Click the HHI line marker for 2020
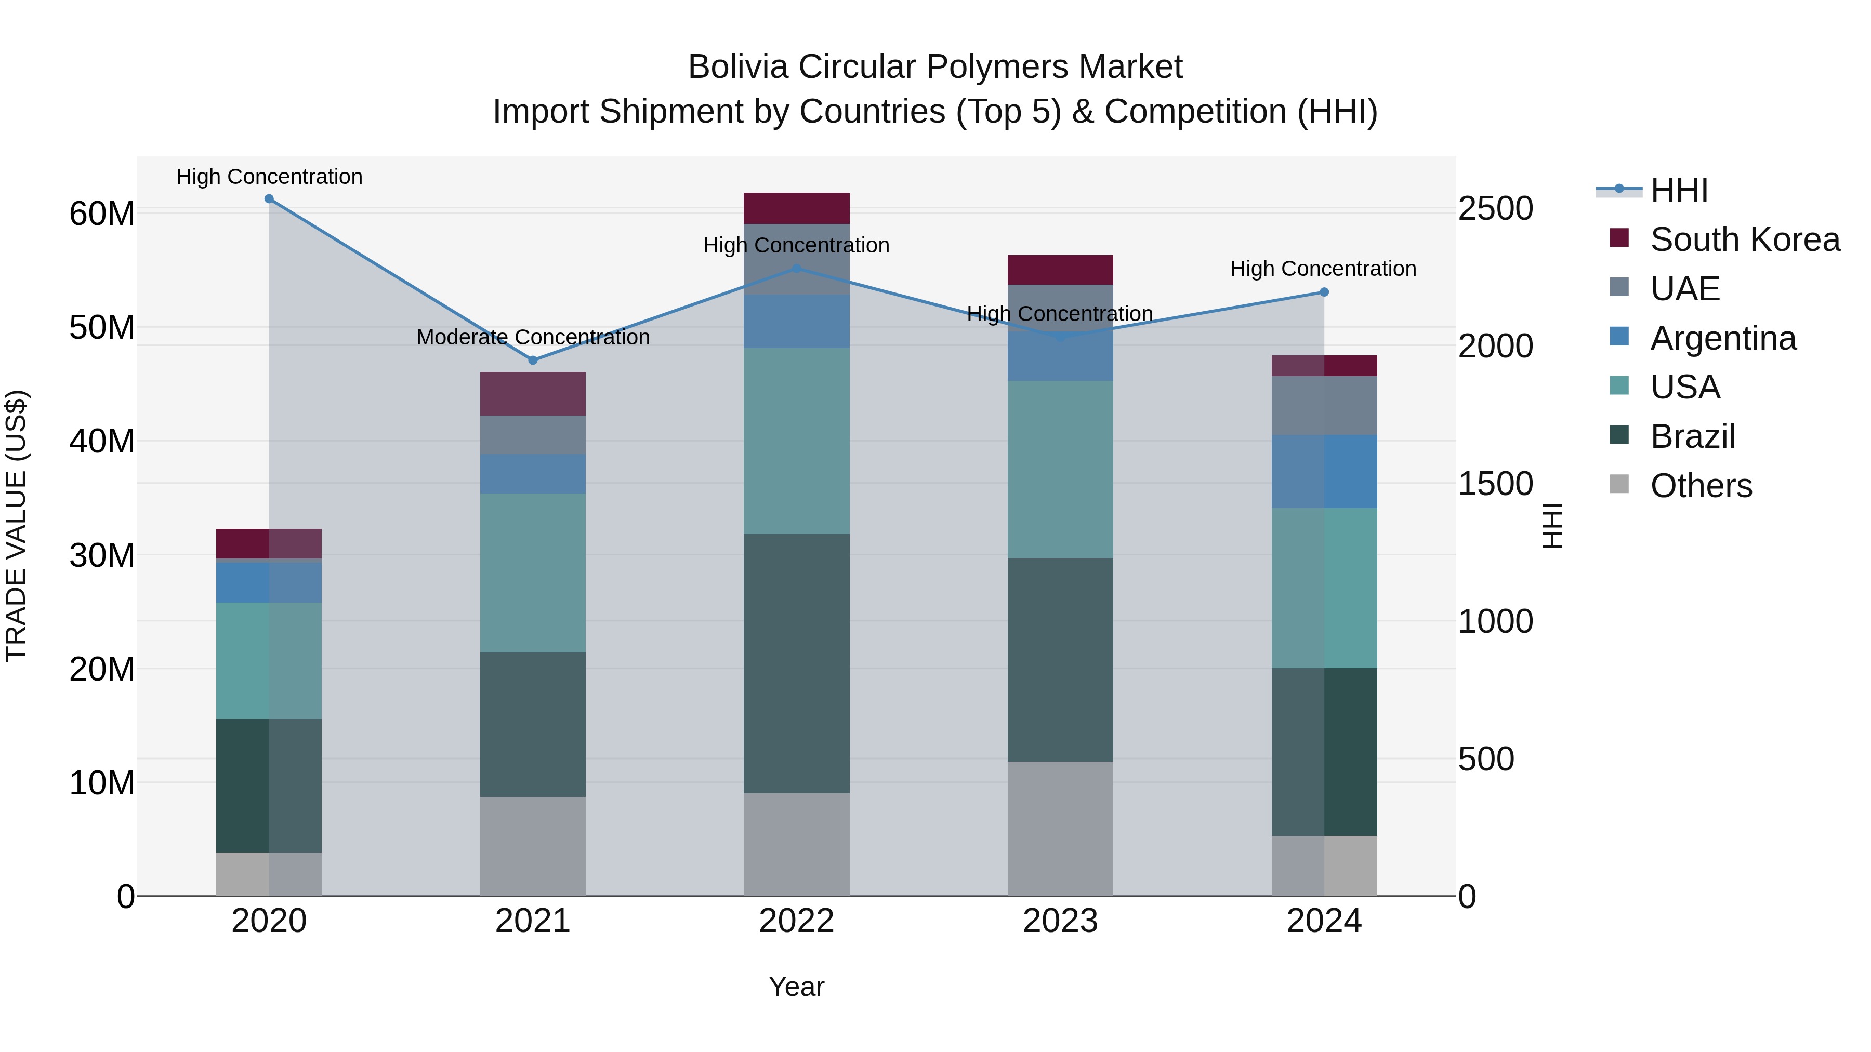[x=269, y=199]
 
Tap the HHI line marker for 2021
[x=532, y=360]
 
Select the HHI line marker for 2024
[x=1323, y=292]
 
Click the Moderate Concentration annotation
[x=532, y=338]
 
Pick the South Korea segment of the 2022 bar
[x=796, y=208]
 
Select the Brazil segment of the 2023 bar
[x=1060, y=659]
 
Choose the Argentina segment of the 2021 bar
[x=532, y=474]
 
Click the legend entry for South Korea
[x=1745, y=239]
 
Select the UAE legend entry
[x=1685, y=289]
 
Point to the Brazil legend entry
[x=1692, y=436]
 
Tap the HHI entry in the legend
[x=1679, y=190]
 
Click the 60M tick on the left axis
[x=102, y=214]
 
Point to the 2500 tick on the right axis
[x=1495, y=208]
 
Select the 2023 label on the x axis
[x=1060, y=921]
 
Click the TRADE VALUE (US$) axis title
[x=16, y=526]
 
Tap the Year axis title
[x=796, y=987]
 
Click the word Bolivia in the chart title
[x=738, y=67]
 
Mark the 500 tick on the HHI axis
[x=1486, y=760]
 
